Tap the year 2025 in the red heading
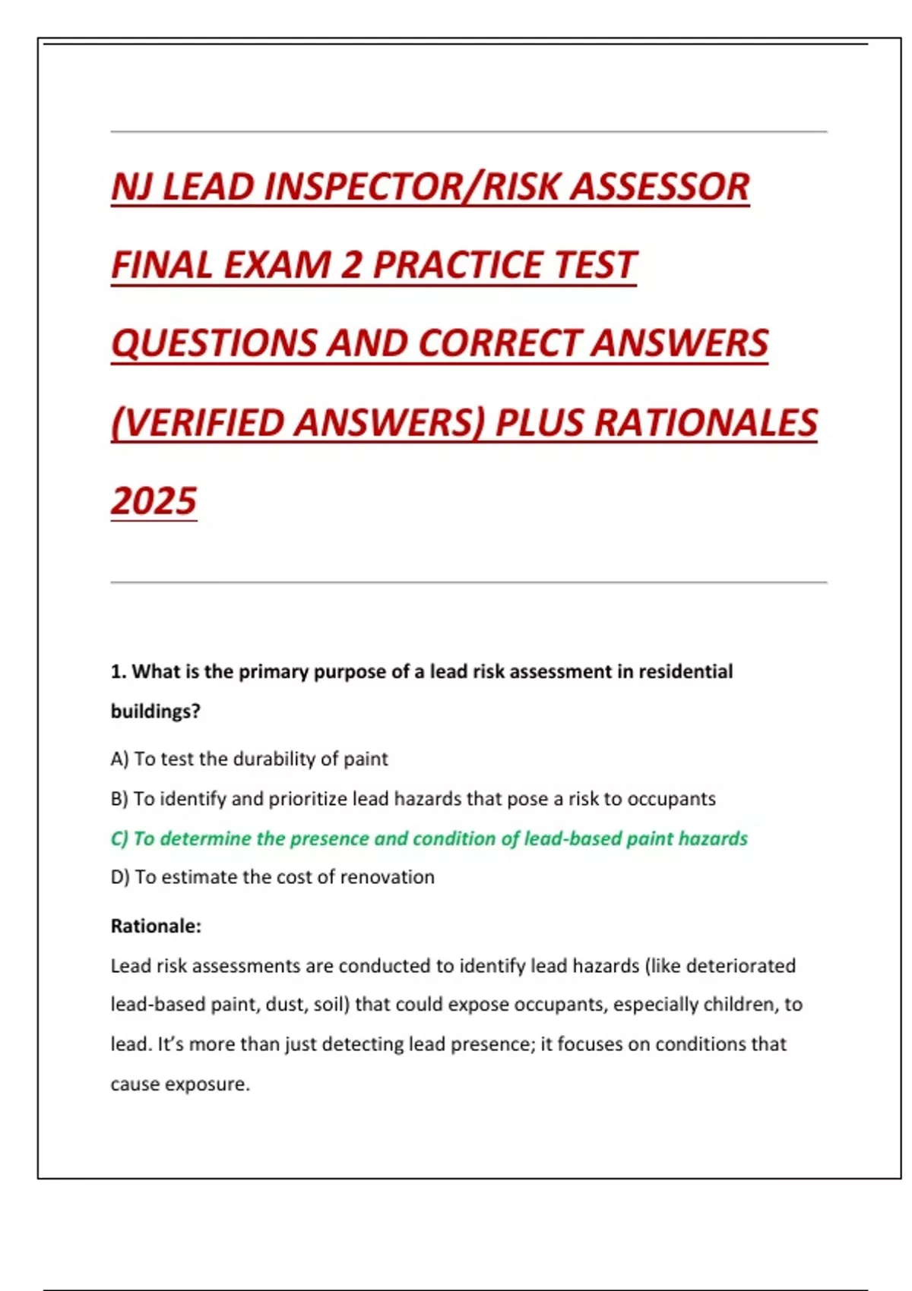154,501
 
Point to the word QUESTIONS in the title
213,343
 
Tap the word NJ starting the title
131,187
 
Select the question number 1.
117,672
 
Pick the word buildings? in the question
155,712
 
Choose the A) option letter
119,759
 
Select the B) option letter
119,799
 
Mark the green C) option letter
119,838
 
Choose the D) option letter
120,877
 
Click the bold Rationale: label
156,926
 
